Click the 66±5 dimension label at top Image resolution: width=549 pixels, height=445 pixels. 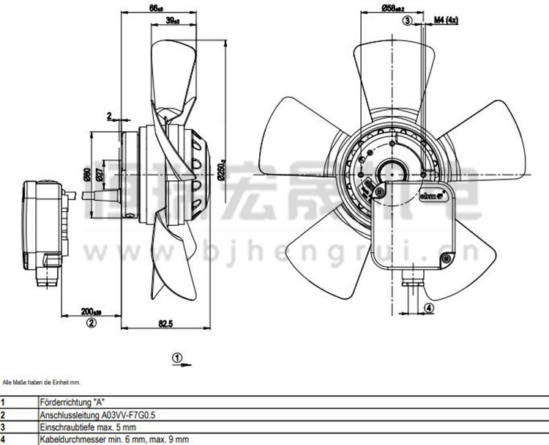pyautogui.click(x=155, y=8)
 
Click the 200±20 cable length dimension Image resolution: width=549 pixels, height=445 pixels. pyautogui.click(x=91, y=310)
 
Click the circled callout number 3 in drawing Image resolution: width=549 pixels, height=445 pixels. pyautogui.click(x=408, y=21)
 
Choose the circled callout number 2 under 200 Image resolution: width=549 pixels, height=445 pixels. pyautogui.click(x=91, y=322)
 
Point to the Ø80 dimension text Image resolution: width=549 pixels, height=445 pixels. pyautogui.click(x=87, y=174)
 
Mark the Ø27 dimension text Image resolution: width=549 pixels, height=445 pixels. pyautogui.click(x=100, y=174)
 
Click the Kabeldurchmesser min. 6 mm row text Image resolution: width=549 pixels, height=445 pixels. pyautogui.click(x=113, y=438)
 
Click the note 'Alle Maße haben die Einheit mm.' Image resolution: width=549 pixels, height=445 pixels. pyautogui.click(x=41, y=383)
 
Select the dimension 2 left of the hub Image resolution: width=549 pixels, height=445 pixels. pyautogui.click(x=109, y=116)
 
